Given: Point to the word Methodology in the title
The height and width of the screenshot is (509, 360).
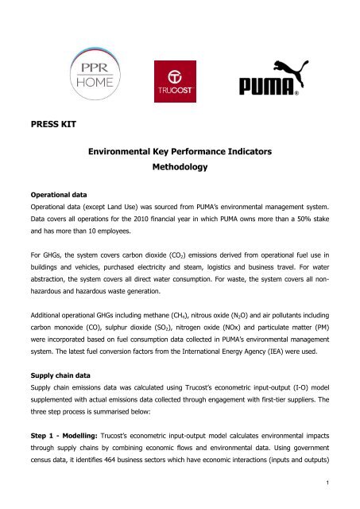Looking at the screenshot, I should (180, 169).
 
